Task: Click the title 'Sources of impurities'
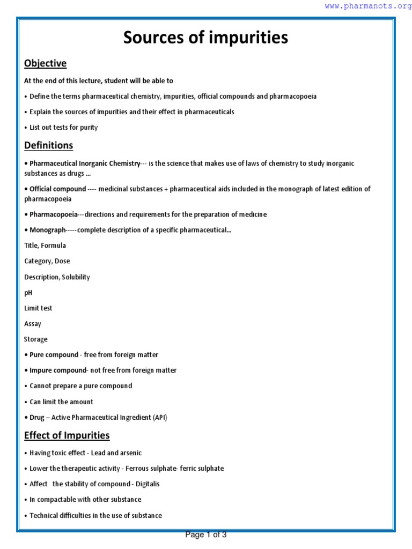(x=205, y=38)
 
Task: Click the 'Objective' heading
(x=45, y=63)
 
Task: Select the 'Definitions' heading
(x=48, y=145)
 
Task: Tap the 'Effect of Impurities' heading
(x=67, y=435)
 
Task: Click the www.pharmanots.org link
(x=368, y=6)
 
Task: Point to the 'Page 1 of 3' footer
(x=206, y=535)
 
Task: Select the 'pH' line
(x=28, y=293)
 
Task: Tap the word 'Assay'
(x=33, y=324)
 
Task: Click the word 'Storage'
(x=36, y=339)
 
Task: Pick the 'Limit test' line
(x=38, y=308)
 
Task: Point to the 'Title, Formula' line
(x=45, y=246)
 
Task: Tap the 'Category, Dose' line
(x=47, y=261)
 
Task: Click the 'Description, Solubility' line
(x=57, y=277)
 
